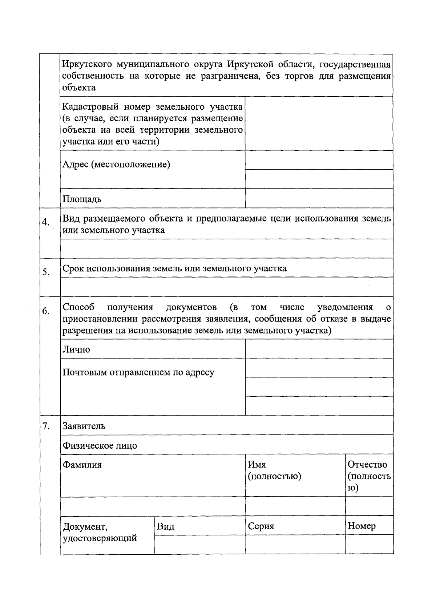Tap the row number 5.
pyautogui.click(x=46, y=272)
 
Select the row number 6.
pyautogui.click(x=46, y=311)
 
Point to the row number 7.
pyautogui.click(x=46, y=426)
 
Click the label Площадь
pyautogui.click(x=82, y=199)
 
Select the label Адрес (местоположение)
pyautogui.click(x=116, y=165)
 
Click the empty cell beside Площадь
pyautogui.click(x=319, y=198)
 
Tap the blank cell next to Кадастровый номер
pyautogui.click(x=319, y=124)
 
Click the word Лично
pyautogui.click(x=76, y=349)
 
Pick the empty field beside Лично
pyautogui.click(x=319, y=349)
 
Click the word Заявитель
pyautogui.click(x=84, y=426)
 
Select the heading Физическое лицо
pyautogui.click(x=100, y=445)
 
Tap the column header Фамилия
pyautogui.click(x=82, y=465)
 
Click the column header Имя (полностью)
pyautogui.click(x=274, y=470)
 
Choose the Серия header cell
pyautogui.click(x=261, y=526)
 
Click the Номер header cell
pyautogui.click(x=362, y=526)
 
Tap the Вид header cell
pyautogui.click(x=166, y=526)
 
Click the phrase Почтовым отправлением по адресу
pyautogui.click(x=138, y=372)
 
